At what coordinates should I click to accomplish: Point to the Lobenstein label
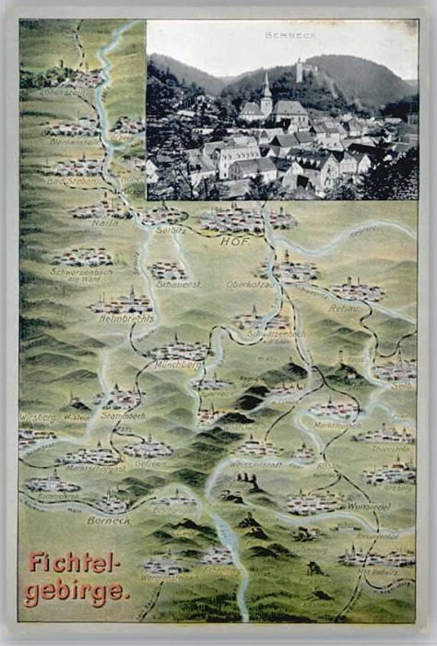coord(63,93)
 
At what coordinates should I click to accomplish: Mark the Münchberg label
coord(180,365)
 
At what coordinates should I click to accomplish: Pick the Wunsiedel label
coord(369,507)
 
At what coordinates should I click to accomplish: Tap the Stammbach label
coord(123,415)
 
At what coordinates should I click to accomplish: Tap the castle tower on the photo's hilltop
coord(298,68)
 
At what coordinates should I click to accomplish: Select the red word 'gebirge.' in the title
coord(77,592)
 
